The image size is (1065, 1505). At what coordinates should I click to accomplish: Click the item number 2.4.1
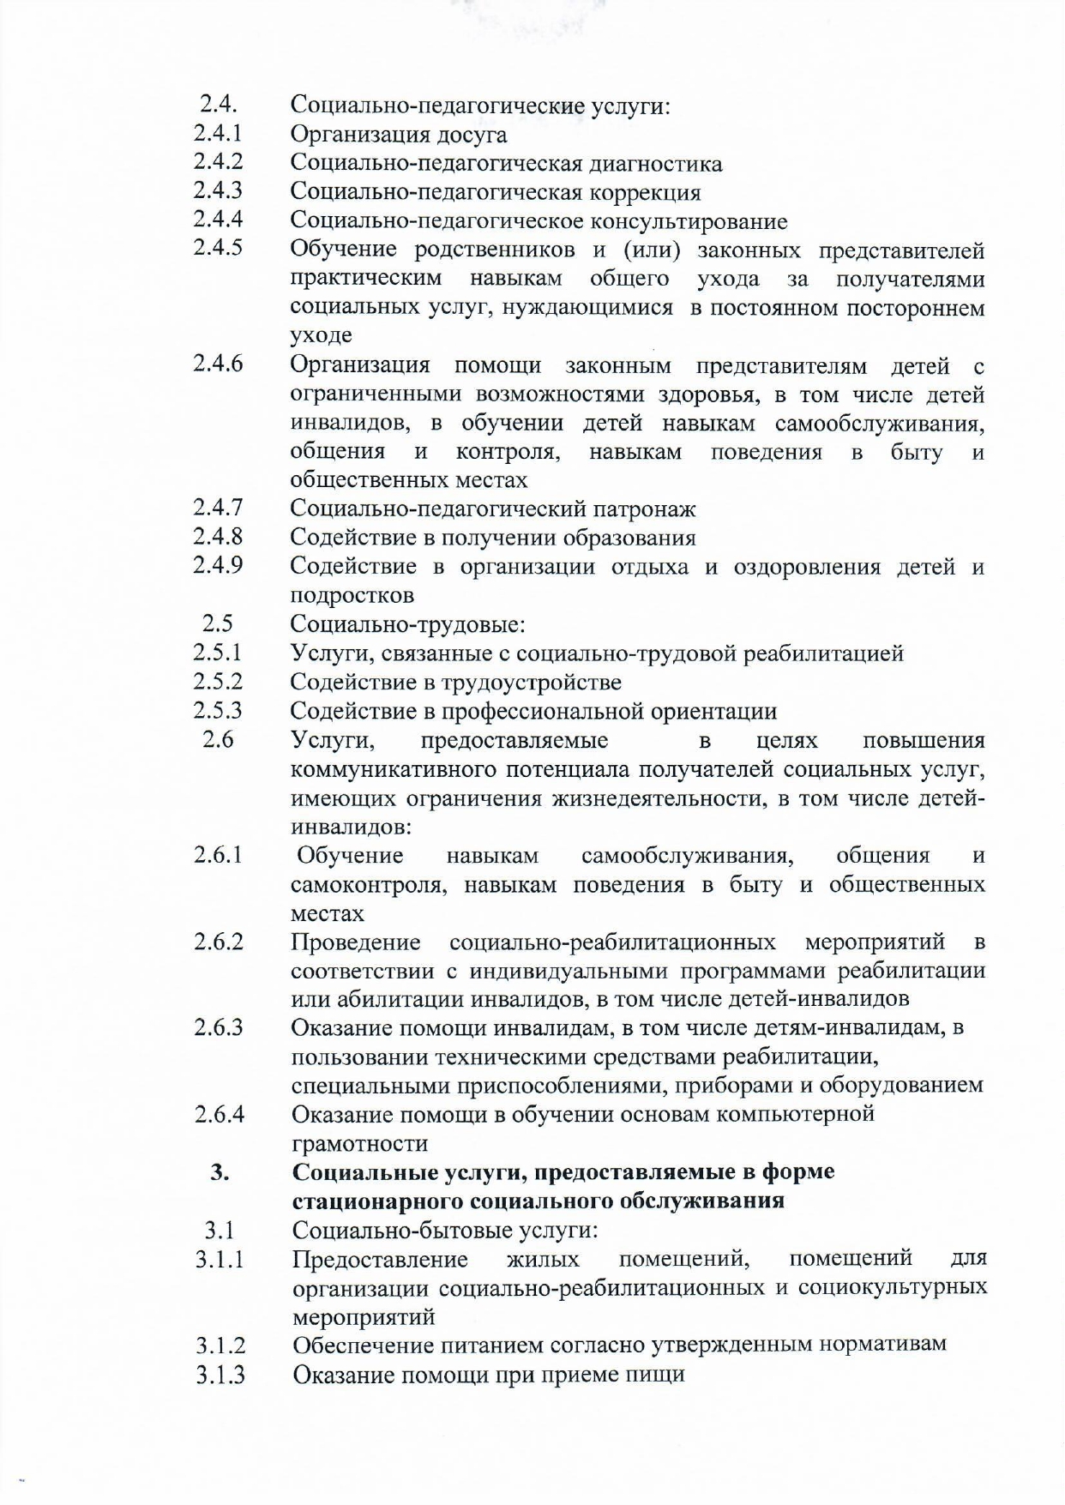pyautogui.click(x=217, y=133)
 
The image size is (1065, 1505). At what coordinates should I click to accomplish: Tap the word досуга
pyautogui.click(x=472, y=135)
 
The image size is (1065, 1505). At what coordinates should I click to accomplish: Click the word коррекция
pyautogui.click(x=645, y=192)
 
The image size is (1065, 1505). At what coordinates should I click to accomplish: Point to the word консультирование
pyautogui.click(x=689, y=221)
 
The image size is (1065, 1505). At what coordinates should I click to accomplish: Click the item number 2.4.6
pyautogui.click(x=217, y=363)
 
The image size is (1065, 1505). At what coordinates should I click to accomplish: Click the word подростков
pyautogui.click(x=352, y=595)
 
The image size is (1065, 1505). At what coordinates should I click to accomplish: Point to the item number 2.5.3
pyautogui.click(x=217, y=710)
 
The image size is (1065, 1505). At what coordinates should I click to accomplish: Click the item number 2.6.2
pyautogui.click(x=218, y=942)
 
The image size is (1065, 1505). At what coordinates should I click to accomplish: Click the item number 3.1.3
pyautogui.click(x=220, y=1374)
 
